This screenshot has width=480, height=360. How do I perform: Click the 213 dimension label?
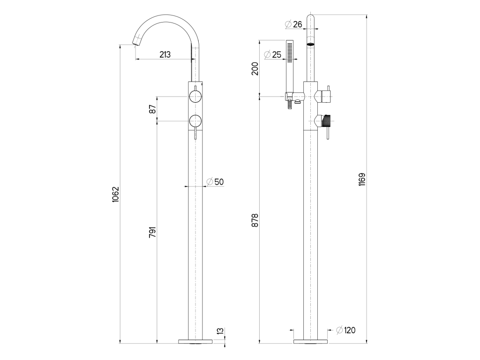(x=165, y=54)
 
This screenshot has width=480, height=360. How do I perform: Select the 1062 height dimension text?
(x=115, y=195)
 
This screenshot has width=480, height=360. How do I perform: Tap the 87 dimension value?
(x=152, y=109)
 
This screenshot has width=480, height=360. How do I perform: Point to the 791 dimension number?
(x=152, y=232)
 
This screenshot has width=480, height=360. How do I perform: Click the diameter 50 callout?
(x=215, y=182)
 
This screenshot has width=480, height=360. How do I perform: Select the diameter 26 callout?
(x=294, y=24)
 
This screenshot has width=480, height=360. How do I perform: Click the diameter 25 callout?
(x=272, y=54)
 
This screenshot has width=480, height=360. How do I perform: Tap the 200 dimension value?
(x=255, y=68)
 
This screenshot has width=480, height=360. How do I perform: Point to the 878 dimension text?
(x=255, y=220)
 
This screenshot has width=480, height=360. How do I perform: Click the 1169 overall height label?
(x=362, y=180)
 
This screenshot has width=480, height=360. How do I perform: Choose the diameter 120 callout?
(x=346, y=330)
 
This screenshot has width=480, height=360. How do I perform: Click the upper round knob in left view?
(x=195, y=97)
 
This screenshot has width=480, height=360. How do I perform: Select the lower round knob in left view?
(x=195, y=120)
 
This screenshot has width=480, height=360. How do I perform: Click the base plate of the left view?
(x=195, y=341)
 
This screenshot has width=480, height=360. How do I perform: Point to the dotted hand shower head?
(x=290, y=52)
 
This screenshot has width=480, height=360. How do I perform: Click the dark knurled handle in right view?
(x=327, y=121)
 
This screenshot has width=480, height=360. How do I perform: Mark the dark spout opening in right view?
(x=311, y=45)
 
